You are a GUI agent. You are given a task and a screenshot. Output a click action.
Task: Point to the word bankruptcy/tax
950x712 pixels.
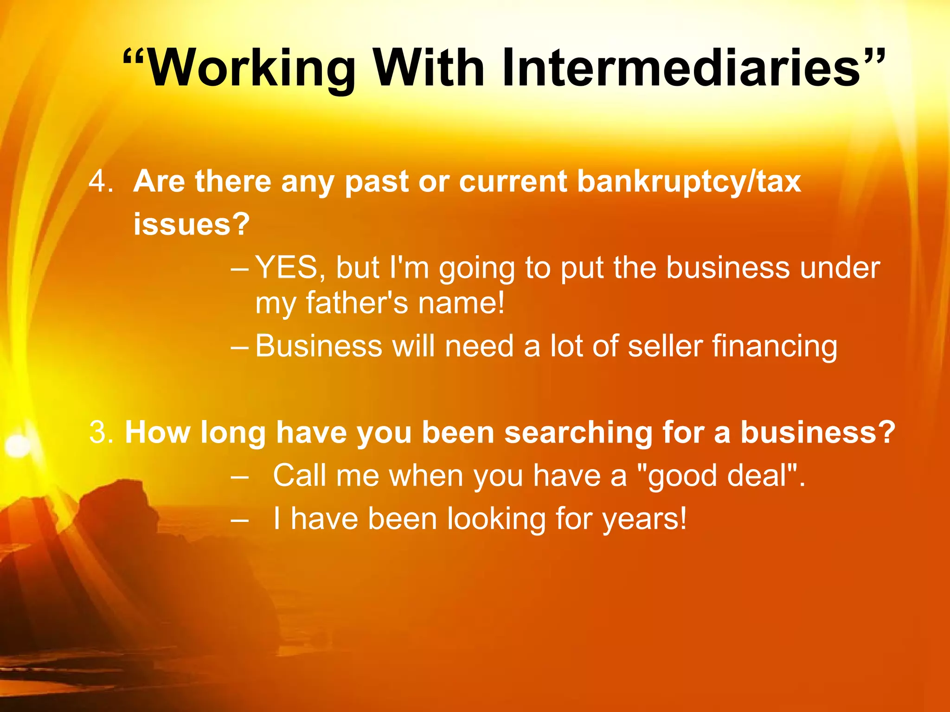tap(689, 182)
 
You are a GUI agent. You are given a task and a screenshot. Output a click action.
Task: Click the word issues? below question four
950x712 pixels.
tap(192, 224)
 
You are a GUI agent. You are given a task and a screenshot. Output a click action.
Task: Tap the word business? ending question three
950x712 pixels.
tap(818, 432)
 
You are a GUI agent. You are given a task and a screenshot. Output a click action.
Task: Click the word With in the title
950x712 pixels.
tap(429, 69)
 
